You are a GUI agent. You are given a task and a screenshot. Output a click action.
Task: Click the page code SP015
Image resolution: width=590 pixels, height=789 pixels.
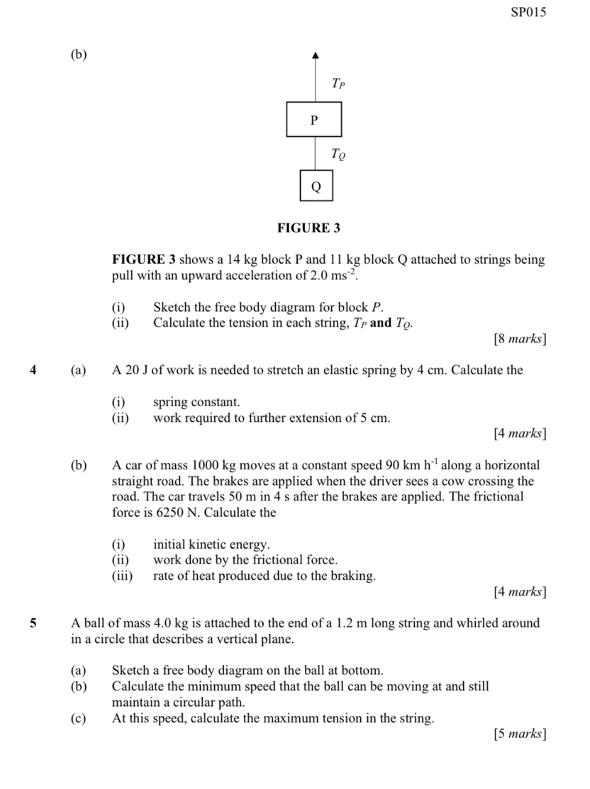point(529,12)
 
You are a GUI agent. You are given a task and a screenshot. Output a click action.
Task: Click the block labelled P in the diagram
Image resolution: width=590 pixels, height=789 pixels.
point(315,119)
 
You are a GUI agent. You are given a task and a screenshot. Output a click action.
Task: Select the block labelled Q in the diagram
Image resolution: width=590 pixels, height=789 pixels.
point(316,186)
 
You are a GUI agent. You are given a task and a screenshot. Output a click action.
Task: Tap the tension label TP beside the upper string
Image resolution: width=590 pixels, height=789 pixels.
point(338,85)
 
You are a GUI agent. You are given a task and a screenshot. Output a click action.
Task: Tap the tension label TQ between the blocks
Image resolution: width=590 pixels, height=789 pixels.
point(339,153)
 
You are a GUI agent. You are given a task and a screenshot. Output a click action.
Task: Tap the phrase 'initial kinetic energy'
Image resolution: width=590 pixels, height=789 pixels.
point(211,544)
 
